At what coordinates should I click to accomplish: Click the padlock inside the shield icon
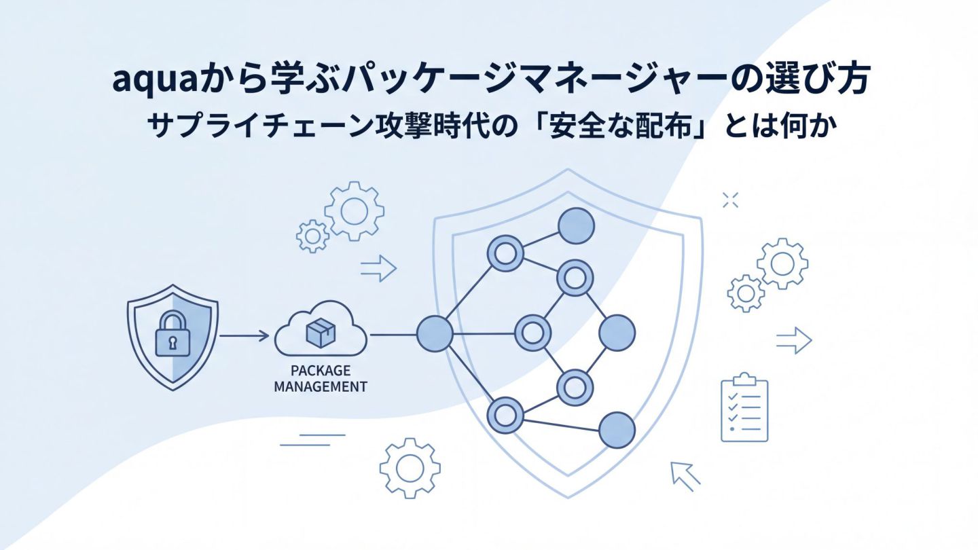point(173,335)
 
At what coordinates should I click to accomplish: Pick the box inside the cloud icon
point(321,332)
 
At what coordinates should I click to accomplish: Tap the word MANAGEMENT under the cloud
point(321,387)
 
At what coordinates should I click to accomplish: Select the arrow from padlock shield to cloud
point(244,335)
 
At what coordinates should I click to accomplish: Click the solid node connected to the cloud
point(434,333)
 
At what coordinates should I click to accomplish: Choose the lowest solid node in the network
point(617,429)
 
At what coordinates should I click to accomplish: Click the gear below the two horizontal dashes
point(410,469)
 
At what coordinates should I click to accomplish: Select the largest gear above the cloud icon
point(354,211)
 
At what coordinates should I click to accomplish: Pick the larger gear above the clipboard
point(782,263)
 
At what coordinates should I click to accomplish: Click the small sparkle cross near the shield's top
point(730,199)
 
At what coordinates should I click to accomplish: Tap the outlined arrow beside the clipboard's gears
point(794,340)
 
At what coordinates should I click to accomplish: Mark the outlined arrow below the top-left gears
point(378,269)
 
